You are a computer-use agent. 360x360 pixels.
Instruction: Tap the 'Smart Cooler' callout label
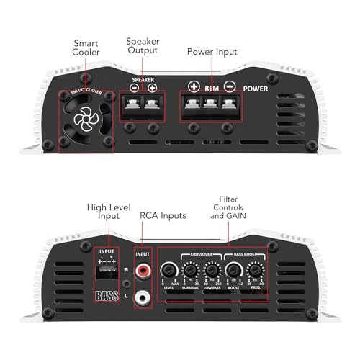coord(86,48)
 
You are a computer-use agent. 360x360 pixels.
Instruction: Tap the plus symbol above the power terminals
coord(194,86)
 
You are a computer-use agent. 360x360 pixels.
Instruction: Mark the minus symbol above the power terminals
coord(230,86)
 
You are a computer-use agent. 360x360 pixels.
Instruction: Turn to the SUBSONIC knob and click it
coord(191,272)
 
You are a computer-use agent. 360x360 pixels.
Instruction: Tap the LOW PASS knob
coord(212,272)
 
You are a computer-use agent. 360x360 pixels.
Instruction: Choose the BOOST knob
coord(233,272)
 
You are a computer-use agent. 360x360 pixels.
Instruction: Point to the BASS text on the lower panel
coord(107,296)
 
